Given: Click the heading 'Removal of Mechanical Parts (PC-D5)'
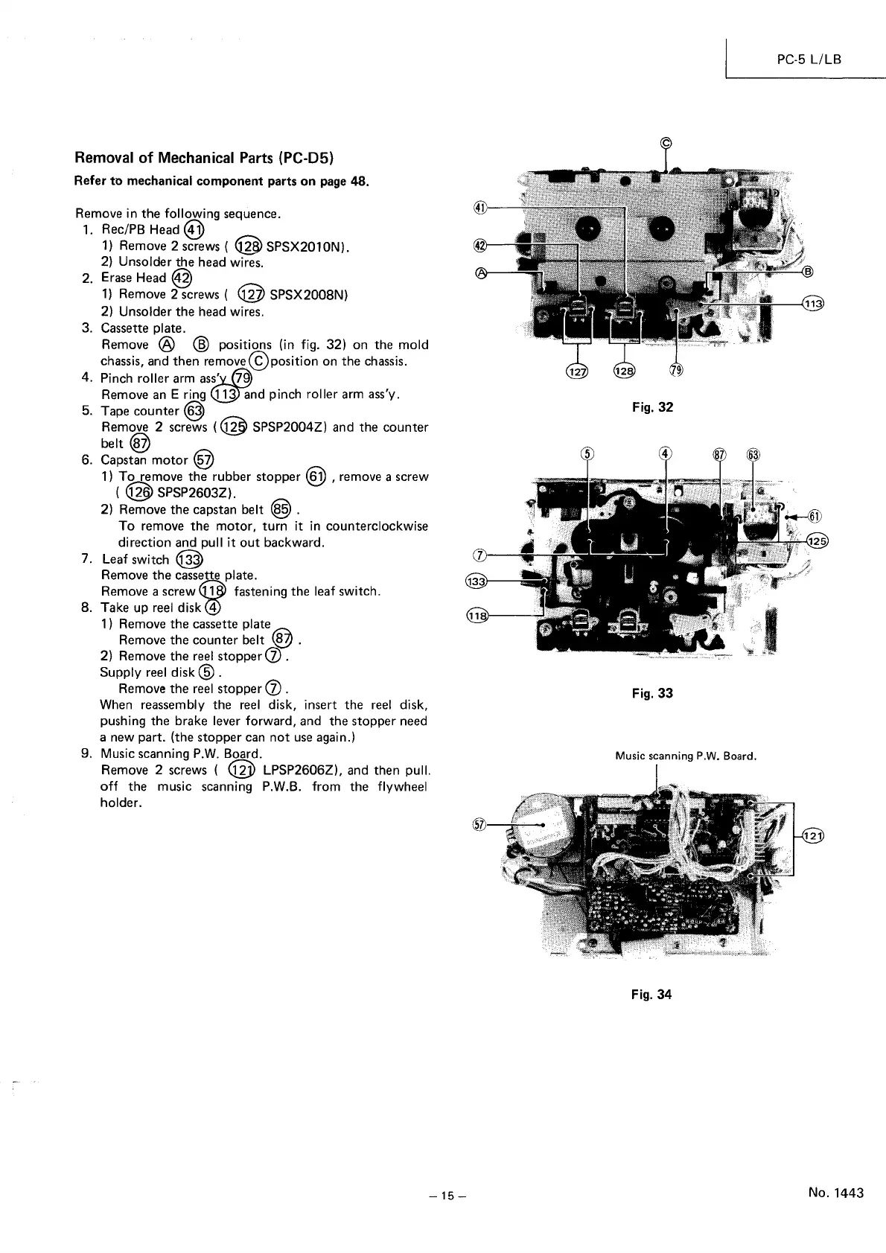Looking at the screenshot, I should (205, 158).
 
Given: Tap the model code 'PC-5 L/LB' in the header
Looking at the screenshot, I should (809, 58).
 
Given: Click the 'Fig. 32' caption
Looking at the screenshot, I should (651, 407).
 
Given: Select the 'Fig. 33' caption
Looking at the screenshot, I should (651, 693).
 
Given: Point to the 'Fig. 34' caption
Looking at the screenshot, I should (651, 994).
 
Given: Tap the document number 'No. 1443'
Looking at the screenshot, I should (835, 1193).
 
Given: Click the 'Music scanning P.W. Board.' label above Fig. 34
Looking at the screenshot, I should (686, 756).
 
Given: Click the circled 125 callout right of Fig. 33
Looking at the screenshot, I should (818, 541).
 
